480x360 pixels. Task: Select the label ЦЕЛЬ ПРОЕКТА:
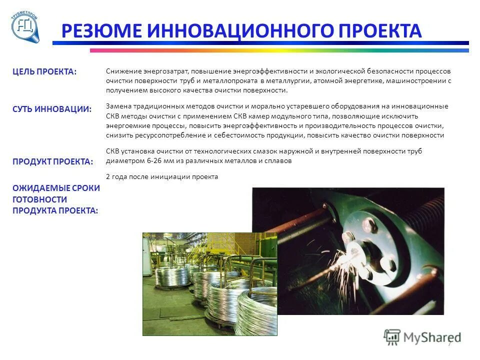tap(44, 71)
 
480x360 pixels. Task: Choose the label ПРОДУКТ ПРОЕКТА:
tap(53, 161)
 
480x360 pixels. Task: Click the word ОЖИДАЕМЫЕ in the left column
tap(56, 188)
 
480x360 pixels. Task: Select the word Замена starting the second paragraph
tap(118, 106)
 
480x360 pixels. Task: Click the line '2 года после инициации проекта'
tap(162, 176)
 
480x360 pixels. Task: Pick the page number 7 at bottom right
tap(449, 343)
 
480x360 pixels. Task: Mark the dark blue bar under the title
tap(260, 43)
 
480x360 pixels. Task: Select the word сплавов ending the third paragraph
tap(278, 161)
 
